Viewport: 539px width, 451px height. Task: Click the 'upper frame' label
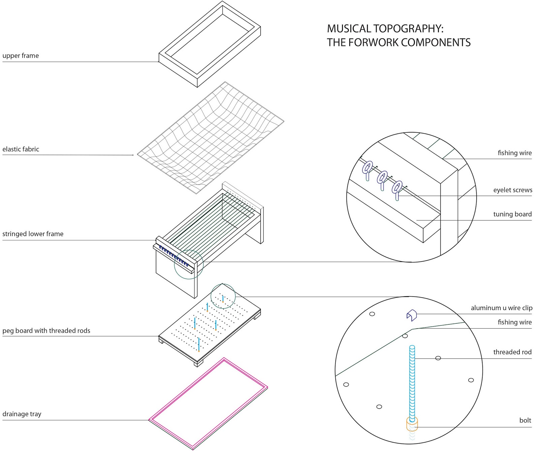click(x=21, y=56)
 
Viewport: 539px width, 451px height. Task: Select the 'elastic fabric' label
click(x=21, y=149)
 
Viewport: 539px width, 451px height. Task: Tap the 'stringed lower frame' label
click(x=33, y=234)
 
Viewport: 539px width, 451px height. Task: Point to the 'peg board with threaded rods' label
click(x=46, y=331)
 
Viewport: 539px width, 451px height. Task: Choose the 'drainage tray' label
click(x=22, y=414)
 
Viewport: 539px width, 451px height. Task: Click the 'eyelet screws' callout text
click(x=512, y=190)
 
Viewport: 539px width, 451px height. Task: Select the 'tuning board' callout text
click(x=512, y=214)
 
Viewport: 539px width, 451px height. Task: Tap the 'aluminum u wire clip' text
click(x=501, y=308)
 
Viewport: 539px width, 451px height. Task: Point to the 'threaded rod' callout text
click(x=512, y=352)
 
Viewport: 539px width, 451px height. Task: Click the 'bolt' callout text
click(x=525, y=420)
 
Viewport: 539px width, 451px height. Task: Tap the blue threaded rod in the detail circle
click(x=412, y=381)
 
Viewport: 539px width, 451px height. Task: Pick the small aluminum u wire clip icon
click(x=412, y=315)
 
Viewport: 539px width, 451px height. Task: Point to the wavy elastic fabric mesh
click(x=211, y=138)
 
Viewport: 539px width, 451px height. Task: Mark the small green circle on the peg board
click(x=223, y=296)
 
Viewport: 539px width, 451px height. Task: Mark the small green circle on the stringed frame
click(x=189, y=265)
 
